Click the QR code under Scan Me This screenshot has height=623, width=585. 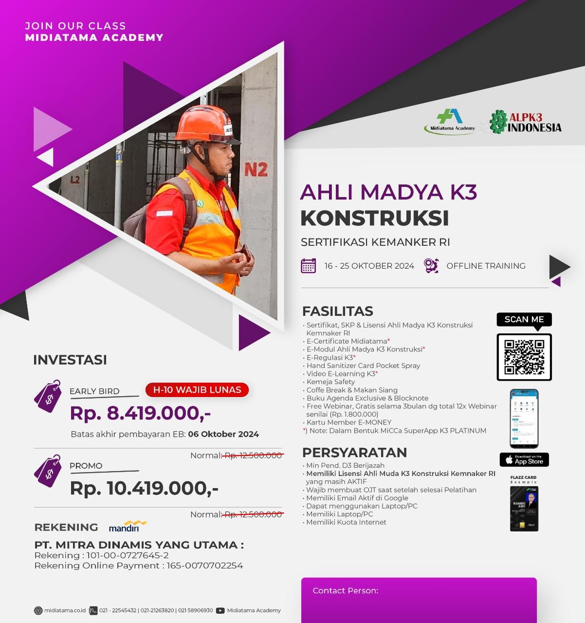524,357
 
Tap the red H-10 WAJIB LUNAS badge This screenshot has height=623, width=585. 197,390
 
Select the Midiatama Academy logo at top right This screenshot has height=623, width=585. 450,121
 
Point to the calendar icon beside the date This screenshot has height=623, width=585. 308,266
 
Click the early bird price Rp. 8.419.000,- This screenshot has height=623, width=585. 140,413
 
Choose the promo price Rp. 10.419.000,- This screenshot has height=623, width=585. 144,488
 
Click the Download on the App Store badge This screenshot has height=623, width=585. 524,460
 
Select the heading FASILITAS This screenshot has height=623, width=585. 337,311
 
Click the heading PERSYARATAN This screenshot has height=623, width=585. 354,452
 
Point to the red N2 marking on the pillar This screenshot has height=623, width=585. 256,170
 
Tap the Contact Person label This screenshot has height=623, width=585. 345,591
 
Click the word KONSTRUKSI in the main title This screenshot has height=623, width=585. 374,218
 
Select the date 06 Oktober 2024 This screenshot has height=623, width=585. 223,434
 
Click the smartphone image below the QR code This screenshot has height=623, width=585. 524,419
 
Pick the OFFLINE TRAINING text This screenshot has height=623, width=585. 486,266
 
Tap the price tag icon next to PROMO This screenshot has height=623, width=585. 48,471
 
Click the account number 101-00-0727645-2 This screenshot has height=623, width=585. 128,555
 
